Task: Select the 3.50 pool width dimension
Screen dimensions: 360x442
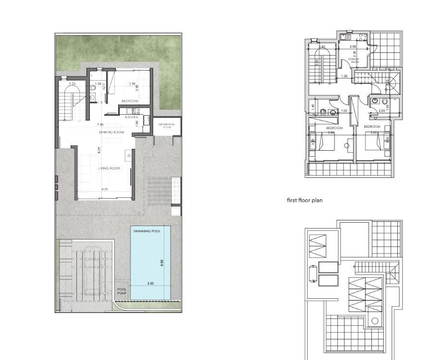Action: point(150,284)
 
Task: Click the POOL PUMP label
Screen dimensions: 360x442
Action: point(122,291)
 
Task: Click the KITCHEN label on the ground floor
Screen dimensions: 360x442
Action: point(132,117)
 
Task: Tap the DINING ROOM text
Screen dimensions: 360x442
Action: point(111,132)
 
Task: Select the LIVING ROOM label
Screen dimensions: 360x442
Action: point(109,168)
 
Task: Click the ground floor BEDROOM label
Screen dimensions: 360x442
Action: point(130,101)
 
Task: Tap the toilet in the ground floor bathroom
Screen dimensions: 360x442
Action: point(92,88)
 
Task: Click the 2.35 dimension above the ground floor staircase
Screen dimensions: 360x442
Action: point(72,84)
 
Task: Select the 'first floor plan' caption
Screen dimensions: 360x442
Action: point(304,201)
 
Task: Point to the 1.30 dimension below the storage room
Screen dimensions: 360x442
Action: point(344,76)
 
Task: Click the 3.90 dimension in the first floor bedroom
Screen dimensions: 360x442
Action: point(331,132)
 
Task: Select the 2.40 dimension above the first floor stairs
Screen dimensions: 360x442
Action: point(322,47)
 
